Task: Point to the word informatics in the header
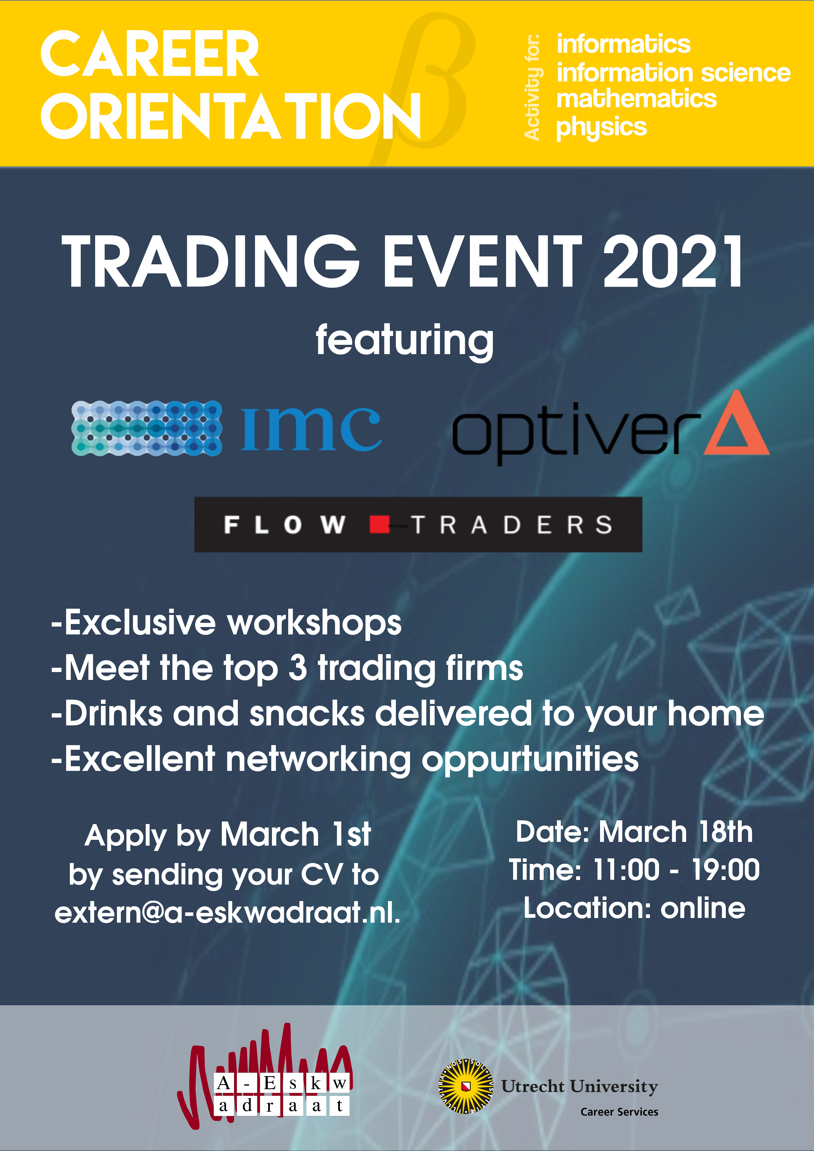point(623,44)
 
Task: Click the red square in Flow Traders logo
point(379,524)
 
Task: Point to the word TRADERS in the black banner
point(512,525)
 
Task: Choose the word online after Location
point(703,908)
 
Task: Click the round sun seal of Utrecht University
point(466,1086)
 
